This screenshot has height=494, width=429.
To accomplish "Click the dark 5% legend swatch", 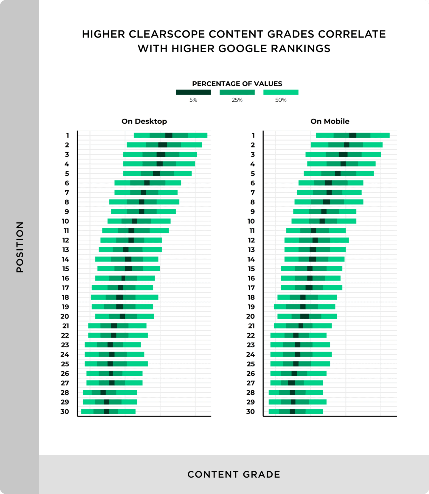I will click(x=193, y=92).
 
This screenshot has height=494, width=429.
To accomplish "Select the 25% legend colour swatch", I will click(x=237, y=92).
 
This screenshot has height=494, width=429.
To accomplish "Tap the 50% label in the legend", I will click(x=281, y=100).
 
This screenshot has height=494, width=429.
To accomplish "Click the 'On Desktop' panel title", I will click(x=144, y=121).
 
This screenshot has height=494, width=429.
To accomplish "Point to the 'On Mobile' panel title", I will click(x=330, y=121).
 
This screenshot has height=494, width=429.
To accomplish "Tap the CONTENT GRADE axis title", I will click(x=234, y=474).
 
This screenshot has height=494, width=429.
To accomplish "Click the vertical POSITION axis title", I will click(x=20, y=247).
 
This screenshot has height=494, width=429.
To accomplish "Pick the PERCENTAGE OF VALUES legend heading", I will click(x=237, y=84).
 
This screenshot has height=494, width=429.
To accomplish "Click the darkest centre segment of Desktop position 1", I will click(x=169, y=135).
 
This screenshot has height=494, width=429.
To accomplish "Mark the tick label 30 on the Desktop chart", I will click(x=65, y=412).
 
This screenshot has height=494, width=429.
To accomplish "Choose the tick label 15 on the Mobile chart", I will click(x=251, y=269).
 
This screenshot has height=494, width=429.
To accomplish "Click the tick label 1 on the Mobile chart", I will click(x=253, y=135).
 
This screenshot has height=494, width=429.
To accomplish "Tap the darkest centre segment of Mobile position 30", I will click(x=292, y=412).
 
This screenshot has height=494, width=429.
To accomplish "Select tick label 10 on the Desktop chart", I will click(x=65, y=221).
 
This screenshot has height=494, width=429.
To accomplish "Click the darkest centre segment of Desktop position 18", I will click(x=119, y=297).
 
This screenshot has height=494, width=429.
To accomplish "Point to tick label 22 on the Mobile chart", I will click(x=251, y=335).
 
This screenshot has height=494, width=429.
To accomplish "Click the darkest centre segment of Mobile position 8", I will click(x=326, y=202).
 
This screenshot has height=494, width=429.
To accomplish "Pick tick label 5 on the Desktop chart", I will click(x=67, y=174).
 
